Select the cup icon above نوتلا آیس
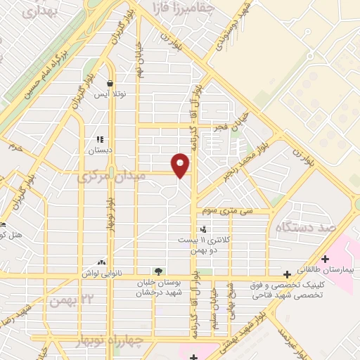point(110,83)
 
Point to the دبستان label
point(99,150)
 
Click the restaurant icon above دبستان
point(100,139)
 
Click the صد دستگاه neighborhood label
point(324,229)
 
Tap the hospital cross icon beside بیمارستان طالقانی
point(325,259)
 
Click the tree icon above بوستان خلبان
point(159,271)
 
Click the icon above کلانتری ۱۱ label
point(203,229)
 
